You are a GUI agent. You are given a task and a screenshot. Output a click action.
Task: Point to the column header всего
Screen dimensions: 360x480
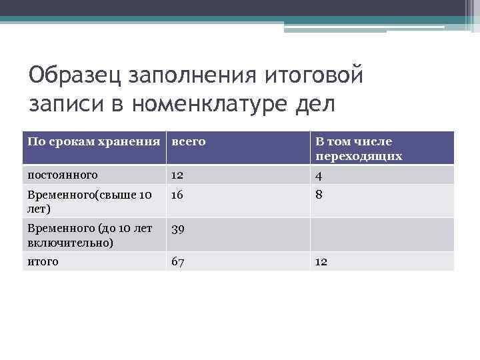coord(188,141)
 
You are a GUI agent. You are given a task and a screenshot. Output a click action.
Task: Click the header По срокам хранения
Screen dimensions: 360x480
coord(94,141)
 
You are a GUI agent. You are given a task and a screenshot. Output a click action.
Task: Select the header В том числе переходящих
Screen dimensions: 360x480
coord(359,149)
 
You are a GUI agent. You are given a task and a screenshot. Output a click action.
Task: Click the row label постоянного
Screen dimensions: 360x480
coord(63,175)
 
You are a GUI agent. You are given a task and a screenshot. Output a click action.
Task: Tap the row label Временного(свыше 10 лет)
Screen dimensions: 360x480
coord(89,201)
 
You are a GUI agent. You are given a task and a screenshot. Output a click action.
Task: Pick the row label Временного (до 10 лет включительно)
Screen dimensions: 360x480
coord(90,235)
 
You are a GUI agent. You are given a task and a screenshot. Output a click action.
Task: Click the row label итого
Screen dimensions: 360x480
coord(43,261)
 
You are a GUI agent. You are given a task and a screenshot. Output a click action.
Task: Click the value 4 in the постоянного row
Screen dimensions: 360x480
coord(319,175)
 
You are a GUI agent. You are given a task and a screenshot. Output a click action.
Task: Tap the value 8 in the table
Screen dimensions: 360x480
coord(319,195)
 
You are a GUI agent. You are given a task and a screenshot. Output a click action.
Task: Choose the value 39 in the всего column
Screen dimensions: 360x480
coord(178,229)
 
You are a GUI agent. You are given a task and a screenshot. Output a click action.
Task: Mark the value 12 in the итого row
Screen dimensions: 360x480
coord(321,261)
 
